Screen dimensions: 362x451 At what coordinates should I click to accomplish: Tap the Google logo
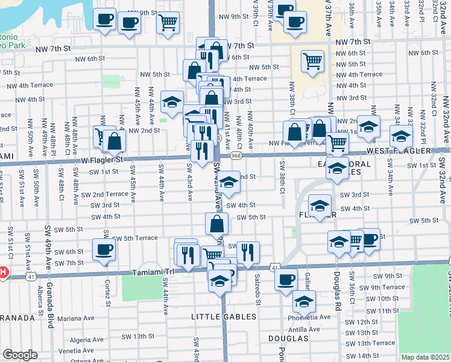click(20, 355)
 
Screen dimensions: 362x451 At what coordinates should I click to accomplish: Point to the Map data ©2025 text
click(425, 357)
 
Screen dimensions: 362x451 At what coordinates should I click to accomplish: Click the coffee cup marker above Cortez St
click(102, 249)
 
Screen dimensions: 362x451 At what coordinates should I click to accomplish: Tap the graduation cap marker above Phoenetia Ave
click(304, 300)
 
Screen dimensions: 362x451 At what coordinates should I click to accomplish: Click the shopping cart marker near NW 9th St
click(168, 23)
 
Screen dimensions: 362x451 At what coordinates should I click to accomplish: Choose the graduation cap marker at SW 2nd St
click(229, 182)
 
